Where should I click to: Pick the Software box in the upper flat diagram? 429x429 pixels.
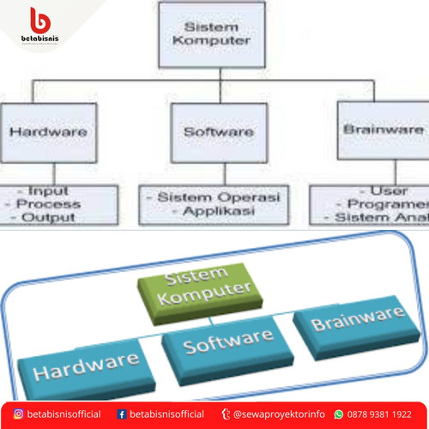(219, 132)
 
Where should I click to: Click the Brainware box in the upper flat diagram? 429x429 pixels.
(383, 130)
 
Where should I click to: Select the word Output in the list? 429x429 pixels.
(49, 217)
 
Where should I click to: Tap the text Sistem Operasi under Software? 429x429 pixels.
(221, 196)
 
